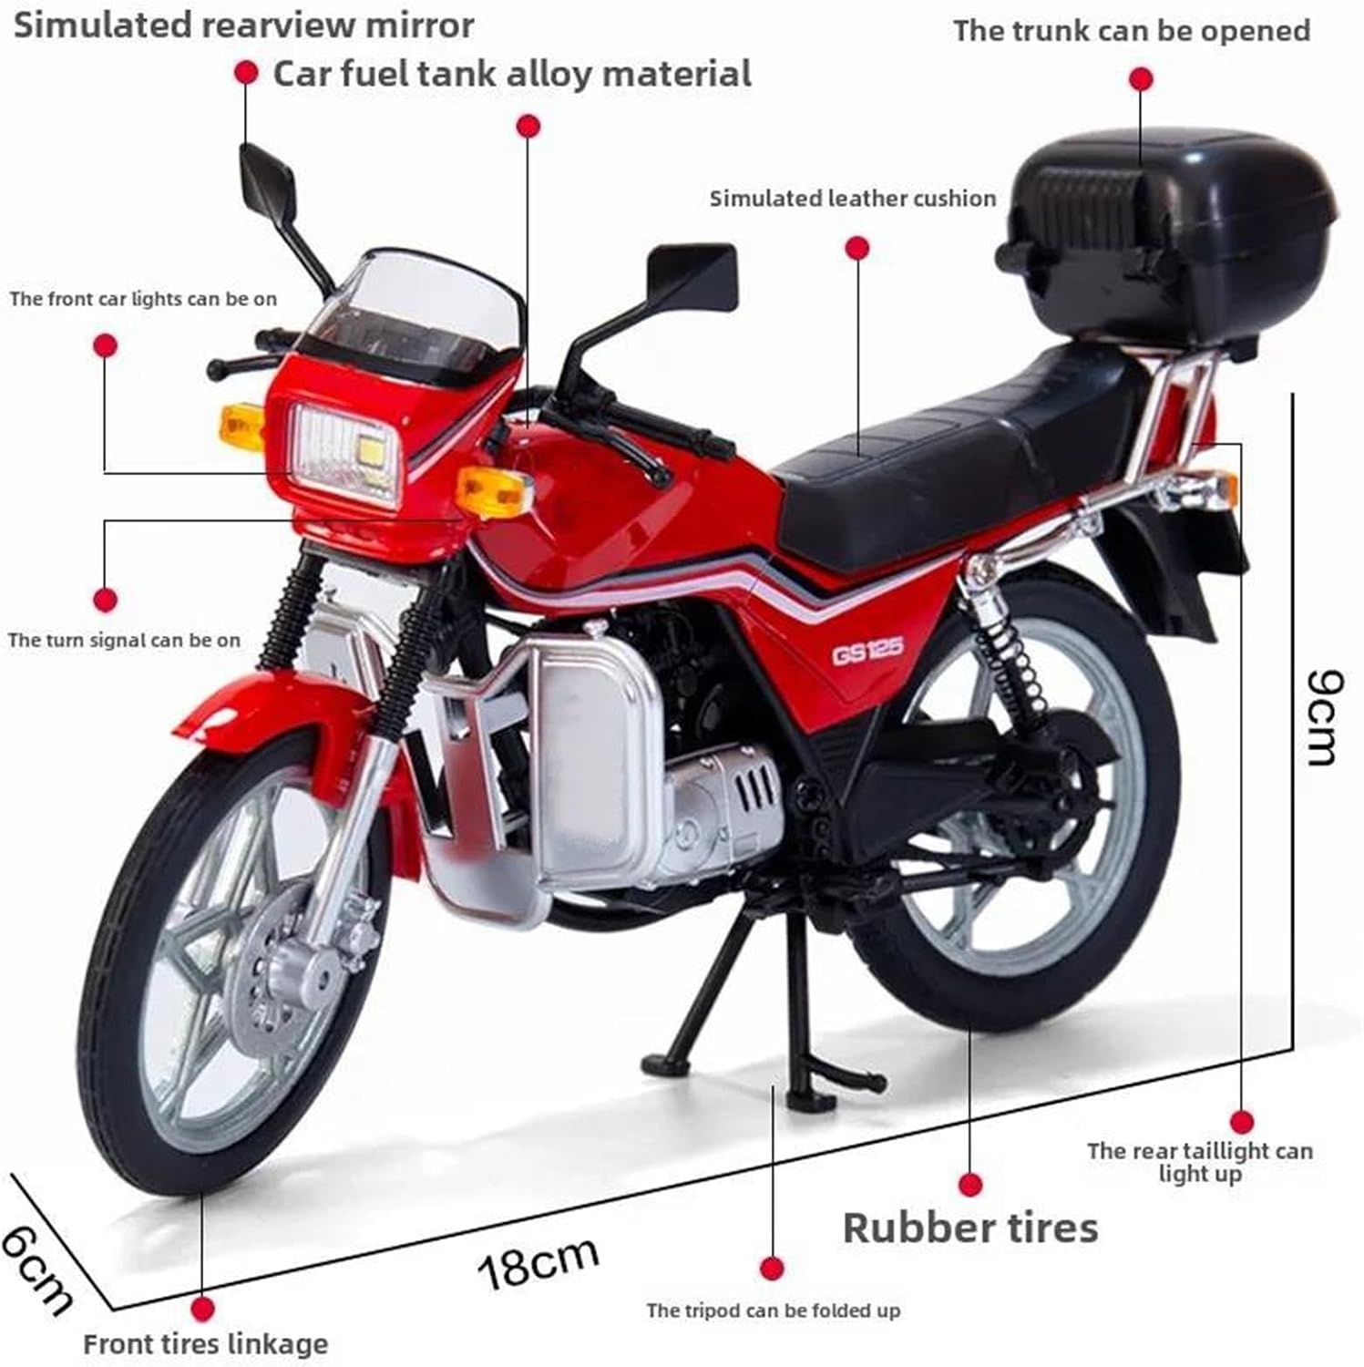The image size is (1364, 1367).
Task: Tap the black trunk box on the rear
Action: [x=1170, y=237]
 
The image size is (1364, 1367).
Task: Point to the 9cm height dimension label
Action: [x=1322, y=718]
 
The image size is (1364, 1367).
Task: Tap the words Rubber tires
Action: [x=970, y=1228]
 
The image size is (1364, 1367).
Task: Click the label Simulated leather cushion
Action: [x=853, y=199]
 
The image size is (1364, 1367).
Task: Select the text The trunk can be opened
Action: [x=1132, y=31]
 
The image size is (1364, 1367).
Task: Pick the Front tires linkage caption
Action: [x=205, y=1343]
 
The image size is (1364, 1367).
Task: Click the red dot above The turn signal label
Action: [x=107, y=600]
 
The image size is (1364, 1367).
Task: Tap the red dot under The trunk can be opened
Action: [x=1141, y=79]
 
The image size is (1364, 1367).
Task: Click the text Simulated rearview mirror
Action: [x=244, y=26]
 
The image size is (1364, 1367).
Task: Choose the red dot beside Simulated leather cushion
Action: [x=856, y=248]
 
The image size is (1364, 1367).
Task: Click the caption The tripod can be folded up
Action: [x=774, y=1311]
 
